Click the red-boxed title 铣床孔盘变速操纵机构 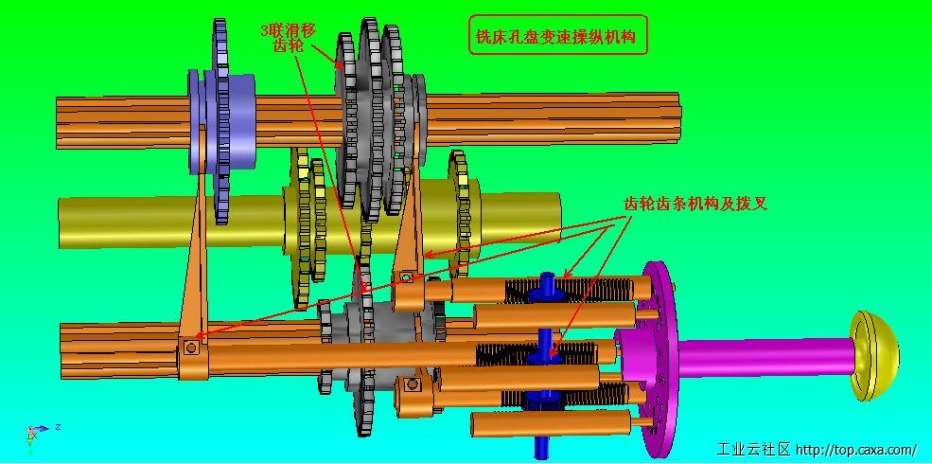point(557,35)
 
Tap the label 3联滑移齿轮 point(290,38)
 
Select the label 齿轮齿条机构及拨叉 point(695,204)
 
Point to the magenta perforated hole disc point(657,359)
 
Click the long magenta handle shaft point(765,357)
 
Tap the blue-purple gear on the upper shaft point(221,121)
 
